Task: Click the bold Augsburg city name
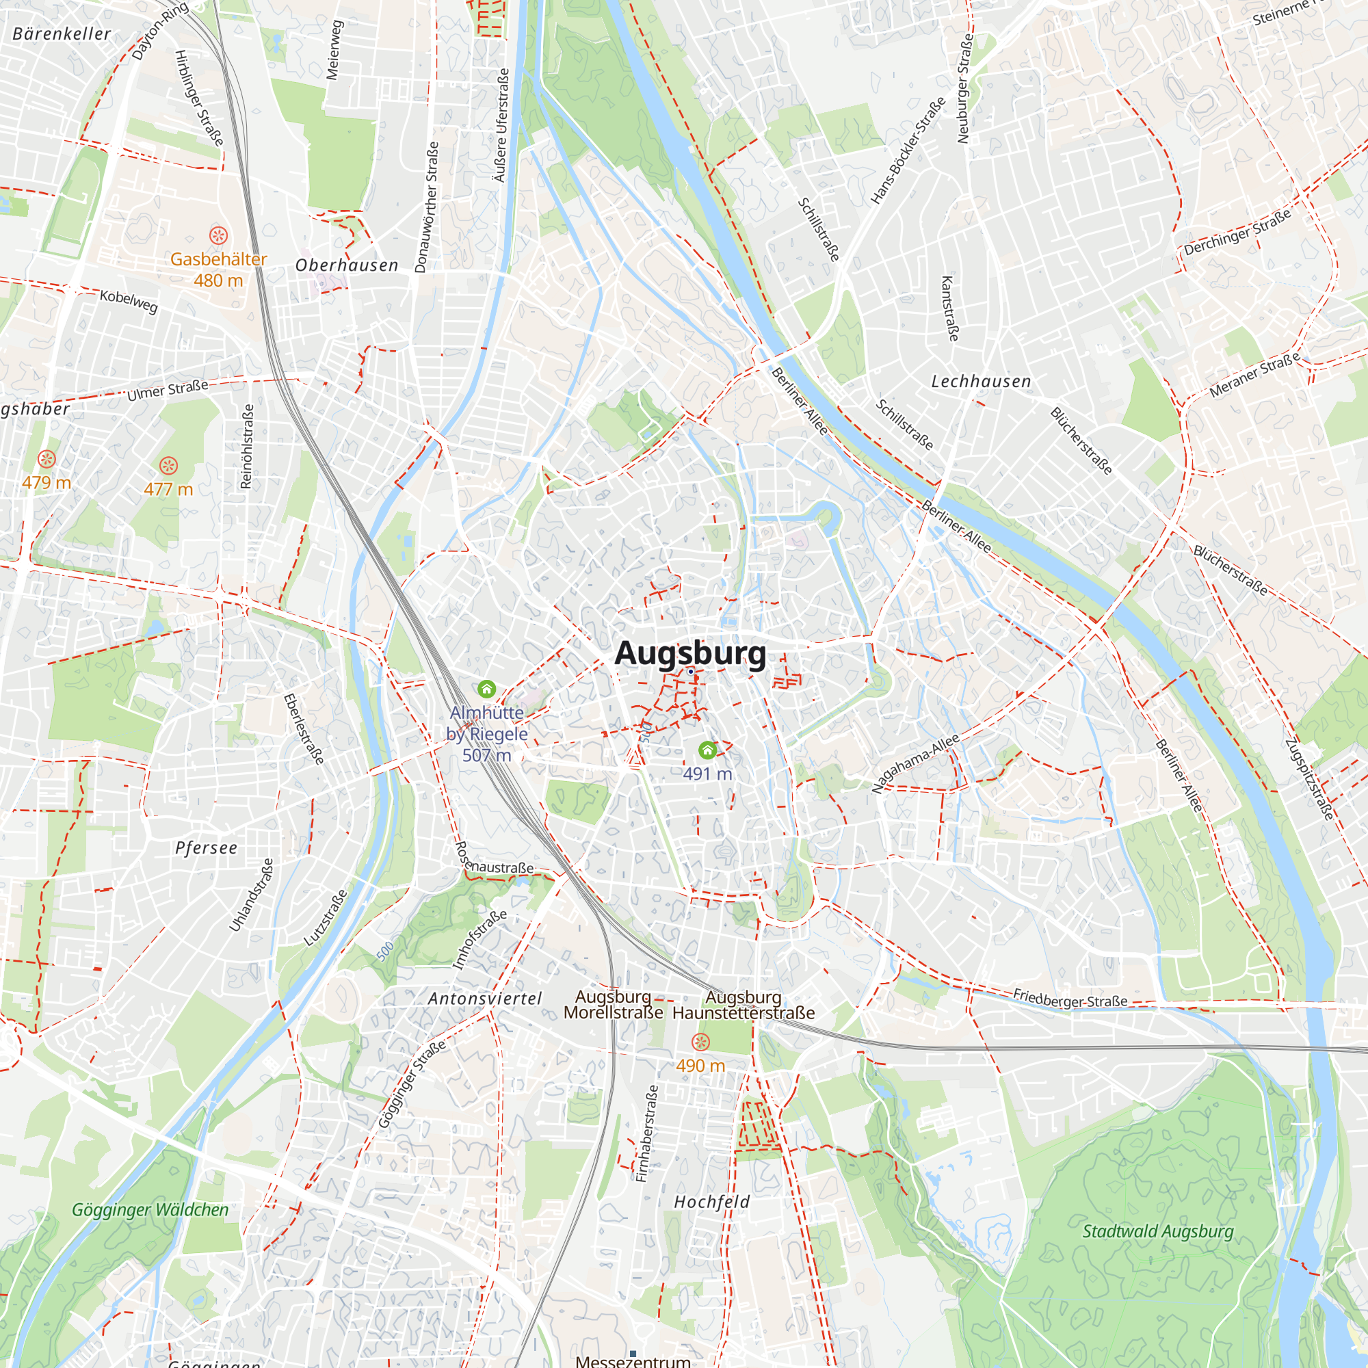[x=689, y=653]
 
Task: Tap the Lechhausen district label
[x=981, y=382]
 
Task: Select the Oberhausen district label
[x=347, y=265]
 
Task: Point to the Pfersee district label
[x=206, y=848]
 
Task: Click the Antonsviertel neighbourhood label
[x=485, y=999]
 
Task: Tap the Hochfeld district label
[x=711, y=1202]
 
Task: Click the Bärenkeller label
[x=62, y=34]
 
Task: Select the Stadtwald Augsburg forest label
[x=1158, y=1231]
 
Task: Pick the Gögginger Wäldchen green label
[x=150, y=1210]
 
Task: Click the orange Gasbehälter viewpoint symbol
[x=218, y=235]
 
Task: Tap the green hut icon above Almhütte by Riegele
[x=486, y=688]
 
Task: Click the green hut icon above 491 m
[x=707, y=750]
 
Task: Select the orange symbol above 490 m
[x=700, y=1042]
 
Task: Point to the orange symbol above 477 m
[x=168, y=465]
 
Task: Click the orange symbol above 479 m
[x=47, y=459]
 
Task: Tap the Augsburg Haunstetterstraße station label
[x=744, y=1005]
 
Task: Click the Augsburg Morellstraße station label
[x=613, y=1005]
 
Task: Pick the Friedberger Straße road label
[x=1070, y=999]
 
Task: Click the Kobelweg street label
[x=128, y=301]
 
